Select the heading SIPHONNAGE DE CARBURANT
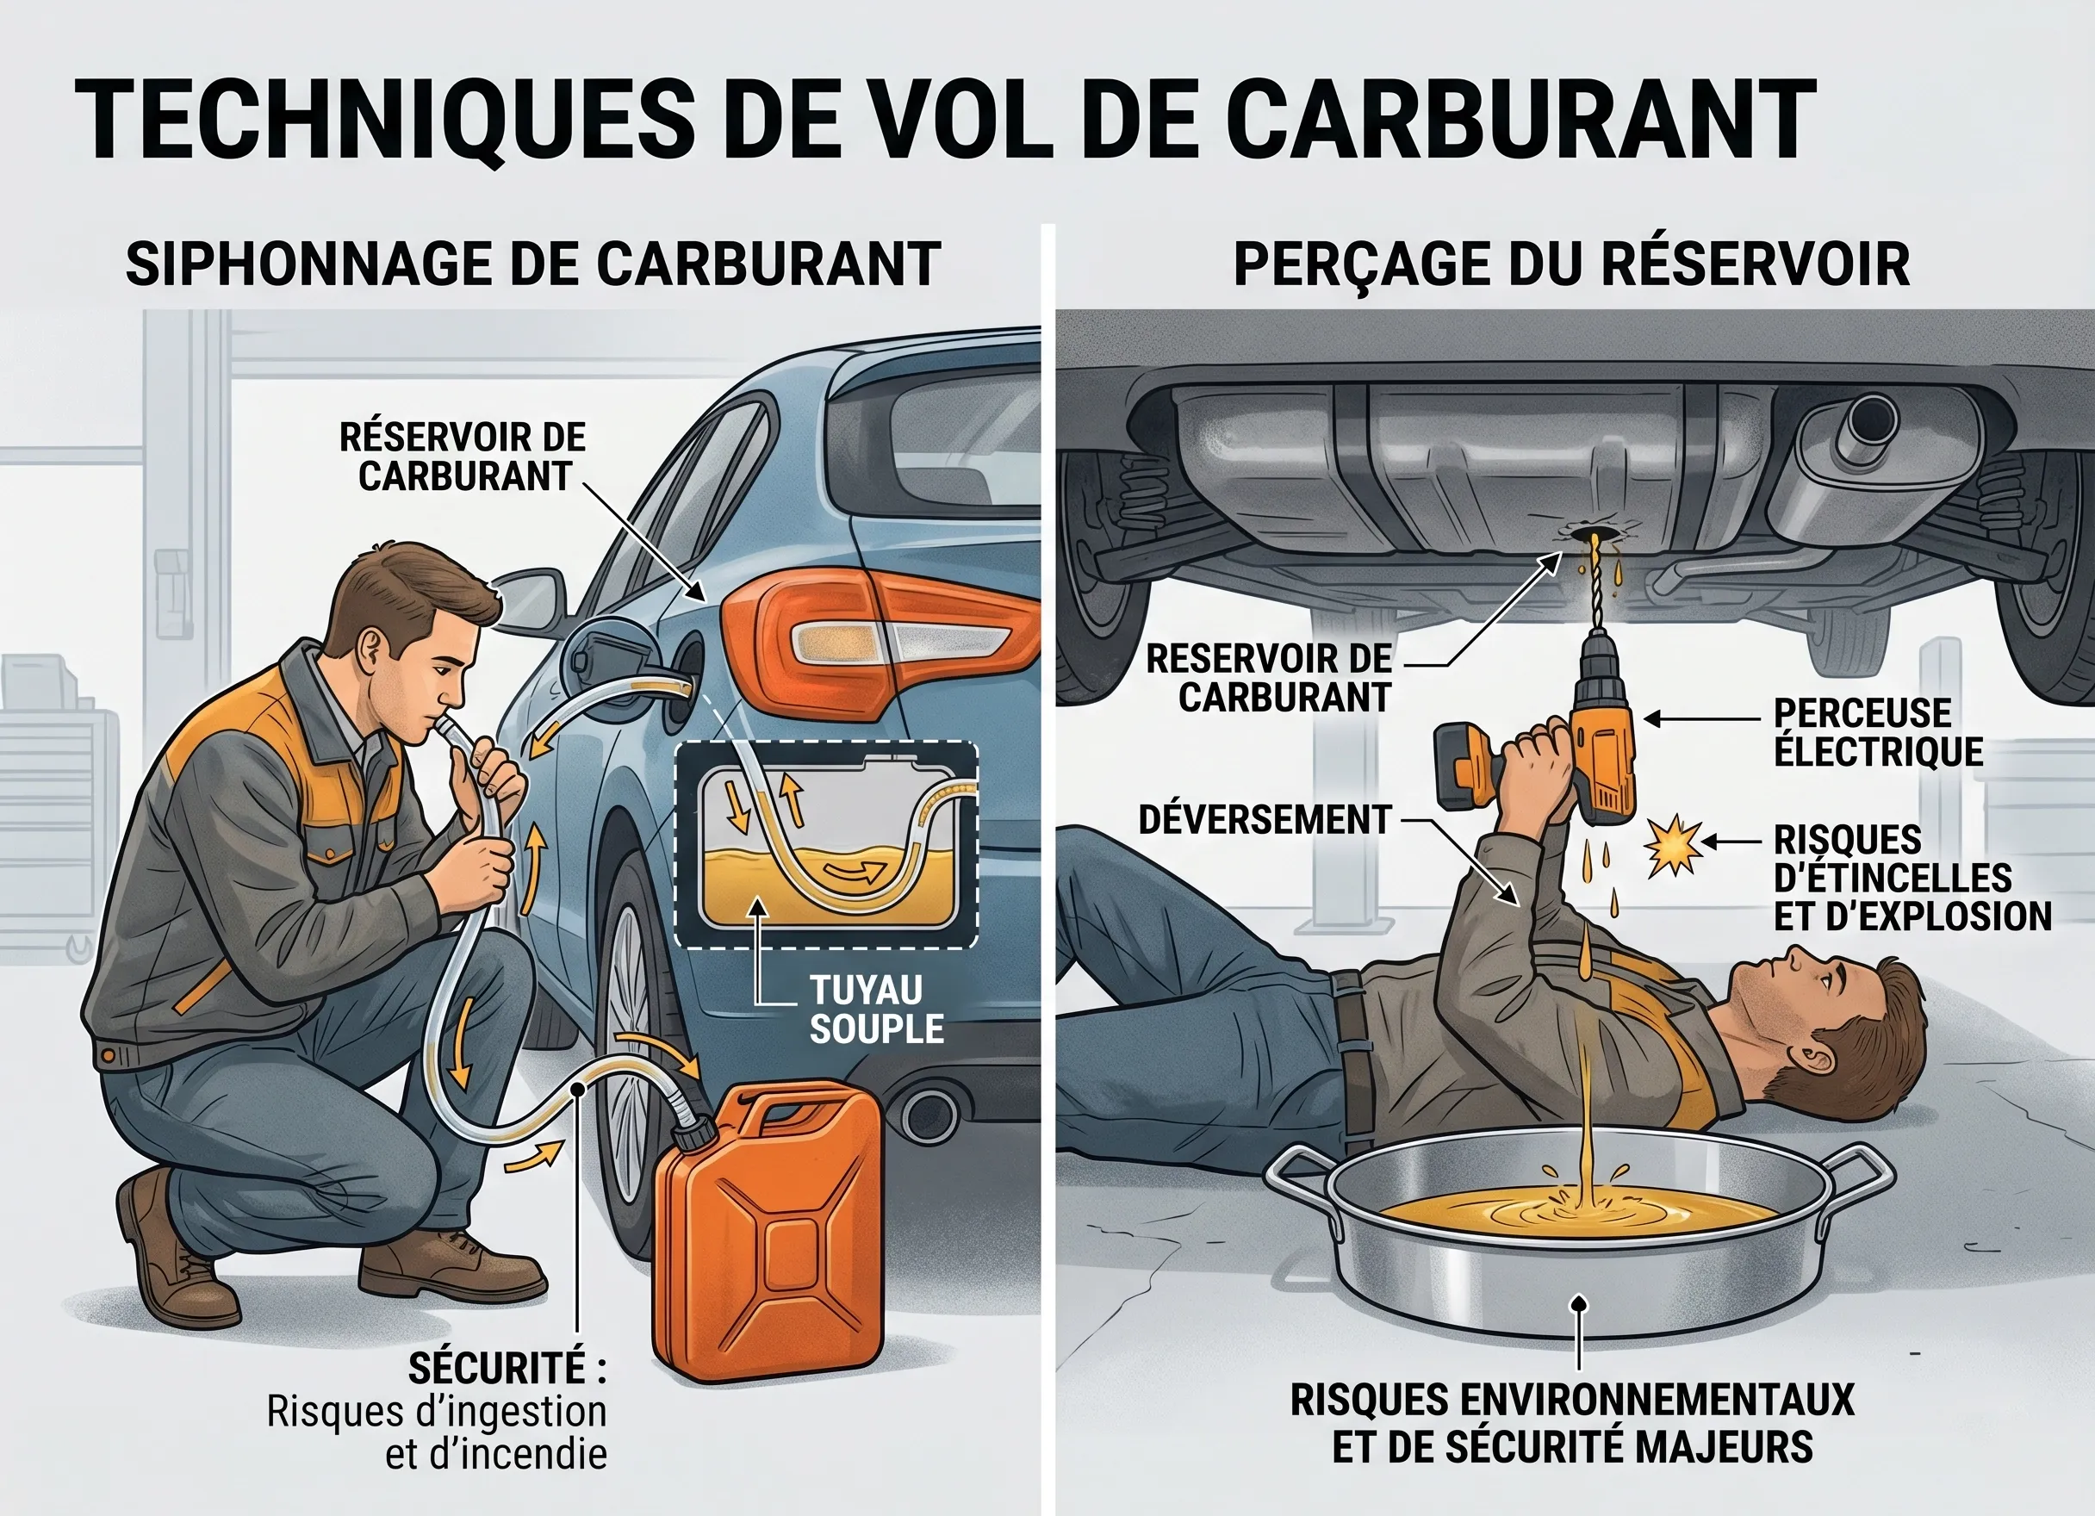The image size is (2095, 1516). tap(533, 264)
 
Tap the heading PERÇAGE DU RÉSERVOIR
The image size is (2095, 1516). tap(1570, 264)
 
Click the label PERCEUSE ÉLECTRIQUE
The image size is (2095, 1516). tap(1877, 733)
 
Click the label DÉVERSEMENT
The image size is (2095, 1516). tap(1264, 819)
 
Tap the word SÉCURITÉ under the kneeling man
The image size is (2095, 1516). tap(496, 1368)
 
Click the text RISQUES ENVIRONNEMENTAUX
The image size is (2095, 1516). tap(1571, 1401)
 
